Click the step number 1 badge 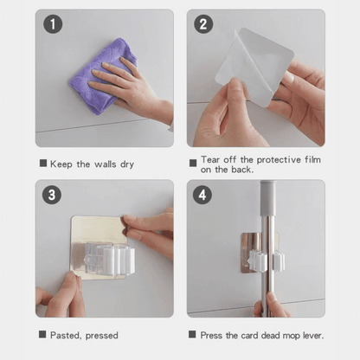[x=54, y=25]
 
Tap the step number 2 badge [x=204, y=25]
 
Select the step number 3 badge [x=54, y=195]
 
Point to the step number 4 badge [x=204, y=195]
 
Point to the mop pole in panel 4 [x=270, y=242]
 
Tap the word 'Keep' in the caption [x=61, y=164]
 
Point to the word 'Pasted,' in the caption [x=66, y=335]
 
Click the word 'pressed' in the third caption [x=102, y=335]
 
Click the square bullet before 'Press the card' [x=192, y=335]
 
